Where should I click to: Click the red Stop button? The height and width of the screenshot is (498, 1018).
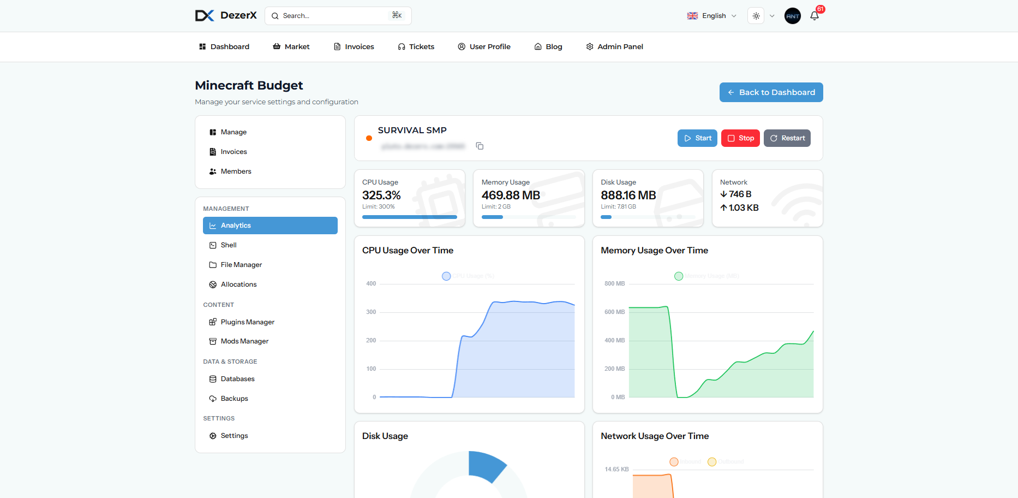click(x=740, y=138)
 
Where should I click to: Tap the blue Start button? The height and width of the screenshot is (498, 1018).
click(x=697, y=138)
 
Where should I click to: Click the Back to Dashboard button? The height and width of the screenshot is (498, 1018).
click(x=771, y=92)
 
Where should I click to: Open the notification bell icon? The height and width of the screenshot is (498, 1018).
click(x=815, y=16)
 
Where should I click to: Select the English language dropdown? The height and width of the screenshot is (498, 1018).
click(x=711, y=16)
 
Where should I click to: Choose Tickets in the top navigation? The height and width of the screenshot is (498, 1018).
click(x=416, y=47)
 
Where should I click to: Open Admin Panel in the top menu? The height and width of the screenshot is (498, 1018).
click(x=614, y=47)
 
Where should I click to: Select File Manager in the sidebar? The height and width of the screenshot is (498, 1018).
click(x=241, y=265)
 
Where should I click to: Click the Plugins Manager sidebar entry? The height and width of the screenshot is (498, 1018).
click(x=247, y=322)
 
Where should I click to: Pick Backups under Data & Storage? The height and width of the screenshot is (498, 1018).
click(x=234, y=399)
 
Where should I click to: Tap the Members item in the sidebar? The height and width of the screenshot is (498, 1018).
click(x=236, y=171)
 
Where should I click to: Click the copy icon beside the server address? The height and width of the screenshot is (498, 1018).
click(x=480, y=146)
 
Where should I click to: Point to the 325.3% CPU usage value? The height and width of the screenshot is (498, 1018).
click(x=381, y=195)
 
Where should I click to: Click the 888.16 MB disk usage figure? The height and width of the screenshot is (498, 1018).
click(x=628, y=195)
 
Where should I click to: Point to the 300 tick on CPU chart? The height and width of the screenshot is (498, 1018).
click(x=371, y=312)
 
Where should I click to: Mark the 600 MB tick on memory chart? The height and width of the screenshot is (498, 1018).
click(x=614, y=312)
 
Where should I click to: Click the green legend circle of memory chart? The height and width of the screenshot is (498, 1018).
click(x=679, y=276)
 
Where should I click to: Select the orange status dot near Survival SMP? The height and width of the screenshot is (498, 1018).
click(x=369, y=138)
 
